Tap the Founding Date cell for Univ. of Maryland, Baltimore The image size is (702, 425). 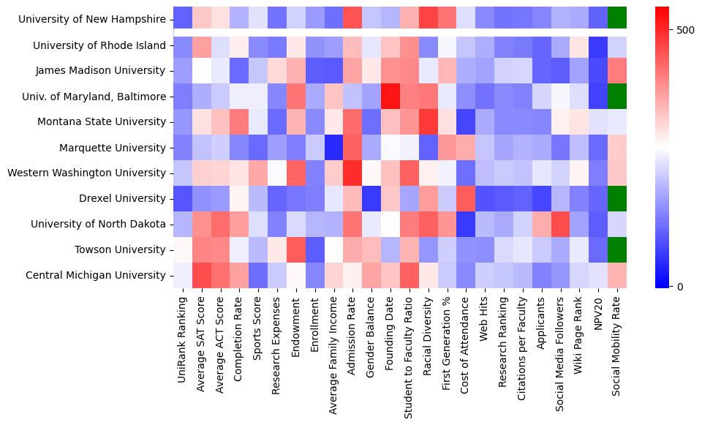(390, 96)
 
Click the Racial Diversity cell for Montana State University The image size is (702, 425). (429, 121)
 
